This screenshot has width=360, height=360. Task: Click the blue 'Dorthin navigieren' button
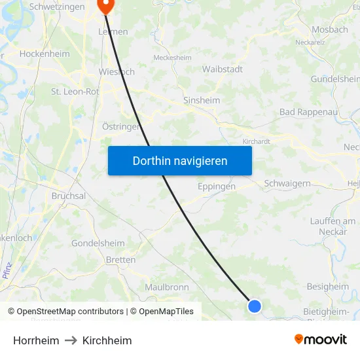[x=180, y=160]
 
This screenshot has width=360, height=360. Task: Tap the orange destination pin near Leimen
[x=105, y=5]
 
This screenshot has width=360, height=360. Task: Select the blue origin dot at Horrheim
[x=255, y=306]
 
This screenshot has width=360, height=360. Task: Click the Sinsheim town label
[x=202, y=101]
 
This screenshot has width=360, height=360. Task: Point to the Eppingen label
[x=216, y=187]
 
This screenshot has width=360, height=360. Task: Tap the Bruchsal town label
[x=69, y=196]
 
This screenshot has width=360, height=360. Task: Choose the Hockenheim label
[x=45, y=54]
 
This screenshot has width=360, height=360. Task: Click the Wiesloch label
[x=117, y=71]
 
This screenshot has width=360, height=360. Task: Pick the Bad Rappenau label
[x=307, y=112]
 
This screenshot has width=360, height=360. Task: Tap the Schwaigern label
[x=287, y=184]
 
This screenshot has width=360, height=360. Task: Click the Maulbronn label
[x=167, y=287]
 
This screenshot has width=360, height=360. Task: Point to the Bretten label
[x=120, y=260]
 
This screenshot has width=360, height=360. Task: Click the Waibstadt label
[x=223, y=69]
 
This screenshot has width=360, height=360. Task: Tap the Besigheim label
[x=328, y=287]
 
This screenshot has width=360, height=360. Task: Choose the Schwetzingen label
[x=57, y=7]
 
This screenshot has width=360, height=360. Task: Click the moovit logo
[x=320, y=340]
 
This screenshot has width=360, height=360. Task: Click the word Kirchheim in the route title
[x=107, y=340]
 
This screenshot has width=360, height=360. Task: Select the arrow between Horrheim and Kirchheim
[x=71, y=340]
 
